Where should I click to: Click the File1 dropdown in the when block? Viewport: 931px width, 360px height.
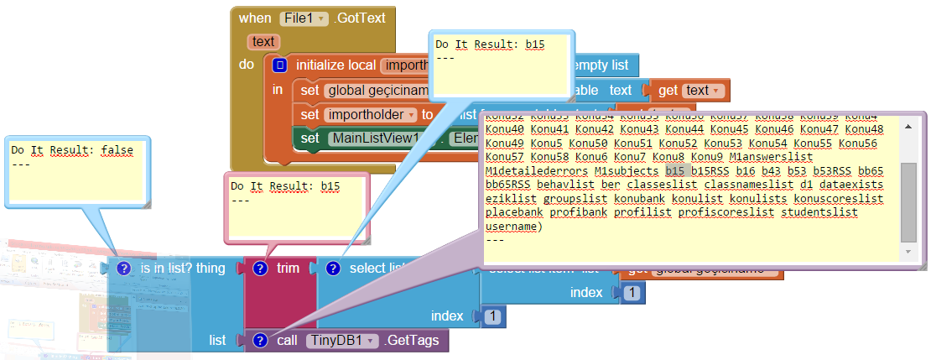click(x=304, y=18)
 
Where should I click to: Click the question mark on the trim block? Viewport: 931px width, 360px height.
click(x=260, y=269)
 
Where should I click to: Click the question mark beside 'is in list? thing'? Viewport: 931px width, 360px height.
click(x=124, y=269)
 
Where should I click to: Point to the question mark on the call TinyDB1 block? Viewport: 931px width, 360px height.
click(x=260, y=341)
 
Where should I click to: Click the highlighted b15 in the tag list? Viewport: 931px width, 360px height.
click(x=676, y=171)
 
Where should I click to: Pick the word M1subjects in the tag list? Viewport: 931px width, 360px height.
click(x=626, y=171)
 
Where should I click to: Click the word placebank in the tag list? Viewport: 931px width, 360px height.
click(x=514, y=212)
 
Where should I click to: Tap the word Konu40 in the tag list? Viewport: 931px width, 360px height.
click(x=505, y=129)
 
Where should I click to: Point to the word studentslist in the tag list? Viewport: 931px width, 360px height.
click(x=819, y=212)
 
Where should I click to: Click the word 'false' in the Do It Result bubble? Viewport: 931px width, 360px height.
click(x=118, y=150)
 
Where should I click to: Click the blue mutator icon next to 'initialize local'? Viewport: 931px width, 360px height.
click(x=280, y=65)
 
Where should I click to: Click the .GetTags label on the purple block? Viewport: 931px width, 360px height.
click(x=413, y=341)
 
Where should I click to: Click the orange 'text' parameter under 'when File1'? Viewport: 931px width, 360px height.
click(x=263, y=41)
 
